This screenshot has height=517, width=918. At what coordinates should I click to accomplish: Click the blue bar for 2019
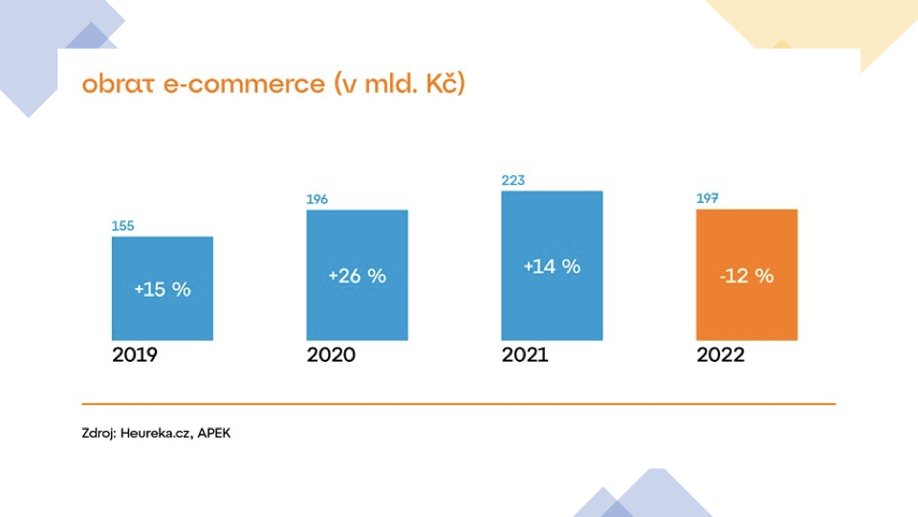coord(163,288)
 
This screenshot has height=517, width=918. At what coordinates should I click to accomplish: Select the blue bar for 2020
coord(357,275)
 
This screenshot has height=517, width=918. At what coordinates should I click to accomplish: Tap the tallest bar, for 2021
coord(552,265)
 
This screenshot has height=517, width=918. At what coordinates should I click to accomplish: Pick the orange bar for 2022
coord(747,275)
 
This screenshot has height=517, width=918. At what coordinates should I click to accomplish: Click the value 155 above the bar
coord(123,226)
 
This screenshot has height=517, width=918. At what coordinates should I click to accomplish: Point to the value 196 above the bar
coord(317,199)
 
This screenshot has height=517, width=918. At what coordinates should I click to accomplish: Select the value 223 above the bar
coord(513,180)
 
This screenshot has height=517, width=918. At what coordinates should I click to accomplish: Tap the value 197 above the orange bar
coord(708,198)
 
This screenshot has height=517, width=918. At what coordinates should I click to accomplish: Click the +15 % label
coord(163,289)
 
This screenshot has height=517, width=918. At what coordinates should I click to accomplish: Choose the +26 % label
coord(357,276)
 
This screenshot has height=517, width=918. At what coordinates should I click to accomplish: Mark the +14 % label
coord(552,266)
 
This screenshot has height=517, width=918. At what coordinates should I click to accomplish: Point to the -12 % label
coord(747,276)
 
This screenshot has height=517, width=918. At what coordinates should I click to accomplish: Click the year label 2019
coord(135,354)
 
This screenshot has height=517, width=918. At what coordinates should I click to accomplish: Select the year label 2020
coord(331,354)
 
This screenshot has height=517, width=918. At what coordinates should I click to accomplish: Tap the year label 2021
coord(525,354)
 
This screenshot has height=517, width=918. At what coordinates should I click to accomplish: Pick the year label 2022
coord(720,354)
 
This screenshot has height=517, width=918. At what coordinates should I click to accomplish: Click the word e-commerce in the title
coord(244,84)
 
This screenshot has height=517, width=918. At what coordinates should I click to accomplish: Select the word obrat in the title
coord(118,83)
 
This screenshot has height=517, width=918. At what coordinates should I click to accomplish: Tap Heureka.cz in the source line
coord(156,433)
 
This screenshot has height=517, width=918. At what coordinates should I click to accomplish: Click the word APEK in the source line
coord(213,433)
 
